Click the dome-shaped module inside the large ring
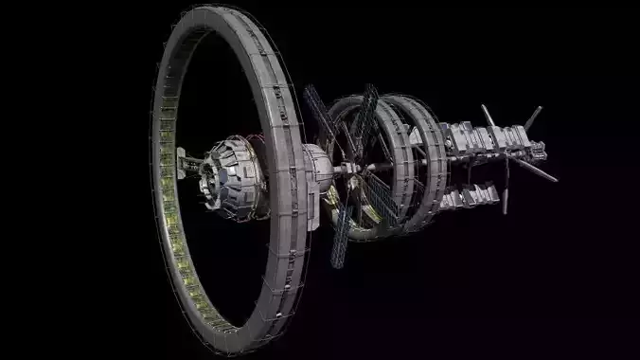[x=230, y=174]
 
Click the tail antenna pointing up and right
[x=532, y=117]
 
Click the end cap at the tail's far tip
[x=541, y=149]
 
